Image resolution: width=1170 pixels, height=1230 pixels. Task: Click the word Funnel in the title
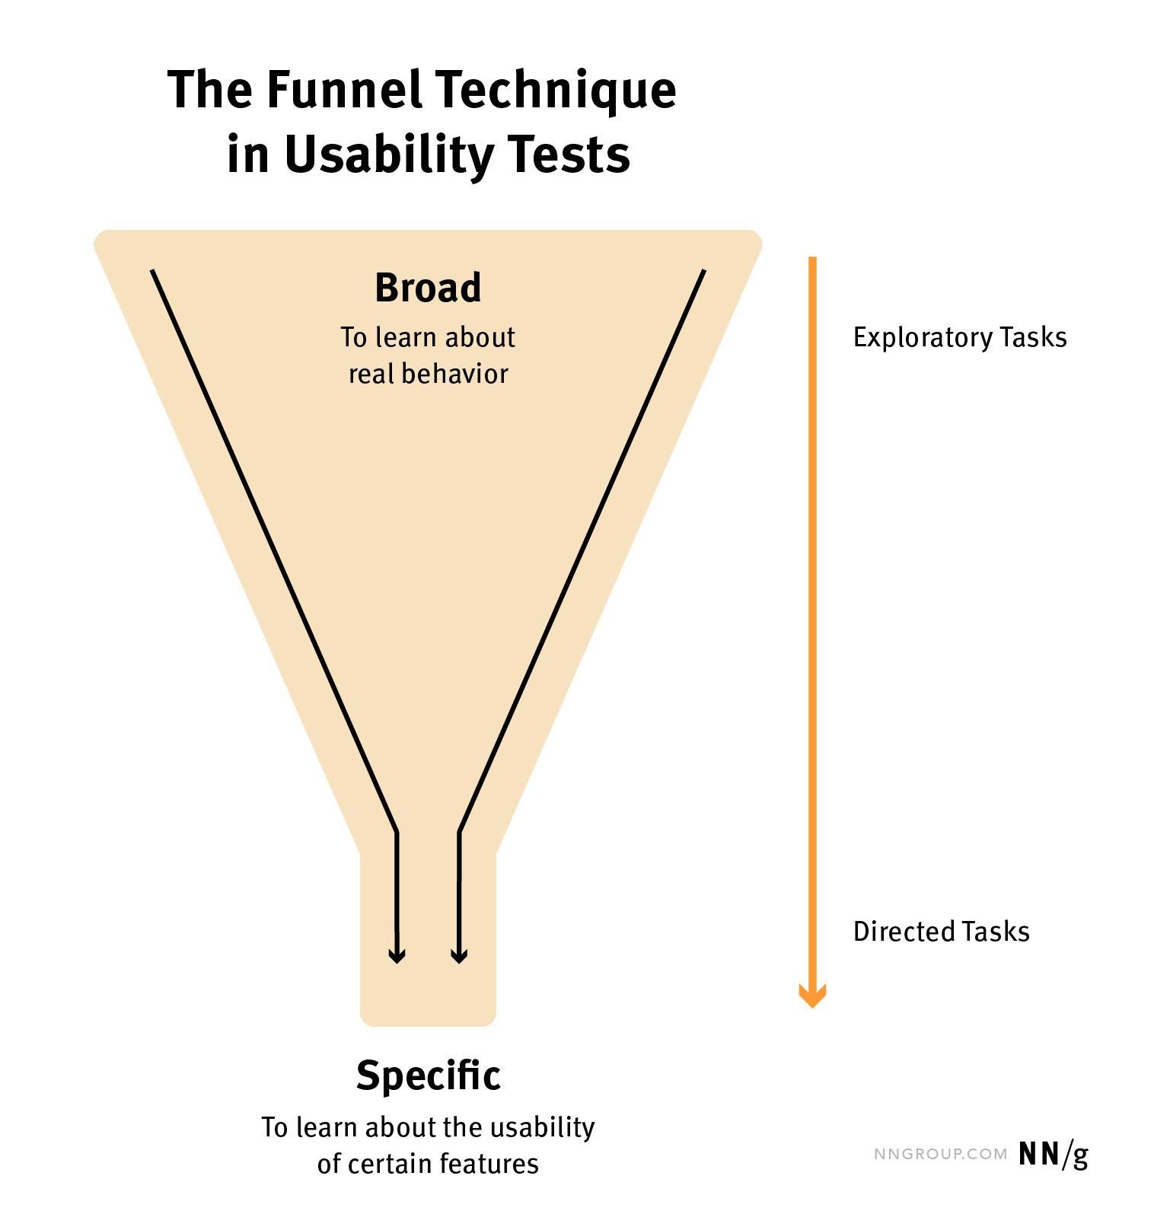344,90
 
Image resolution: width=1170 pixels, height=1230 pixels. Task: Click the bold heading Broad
428,288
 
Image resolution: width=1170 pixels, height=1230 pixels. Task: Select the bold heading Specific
428,1075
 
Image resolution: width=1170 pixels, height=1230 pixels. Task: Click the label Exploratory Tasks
959,338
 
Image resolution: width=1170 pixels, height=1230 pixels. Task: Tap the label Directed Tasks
941,932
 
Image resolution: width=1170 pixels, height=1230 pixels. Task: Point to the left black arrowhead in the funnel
397,955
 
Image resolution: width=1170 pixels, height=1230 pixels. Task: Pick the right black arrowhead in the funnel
459,955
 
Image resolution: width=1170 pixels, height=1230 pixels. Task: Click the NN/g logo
1054,1155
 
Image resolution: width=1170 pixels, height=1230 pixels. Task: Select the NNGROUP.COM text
940,1155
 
